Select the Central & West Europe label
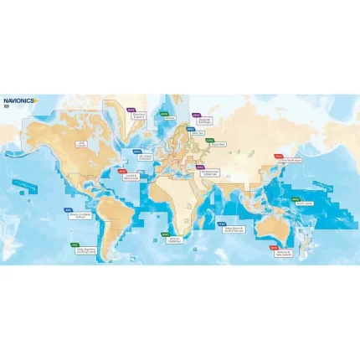pos(131,177)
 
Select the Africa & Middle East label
pos(177,238)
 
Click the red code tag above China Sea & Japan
pos(278,155)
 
